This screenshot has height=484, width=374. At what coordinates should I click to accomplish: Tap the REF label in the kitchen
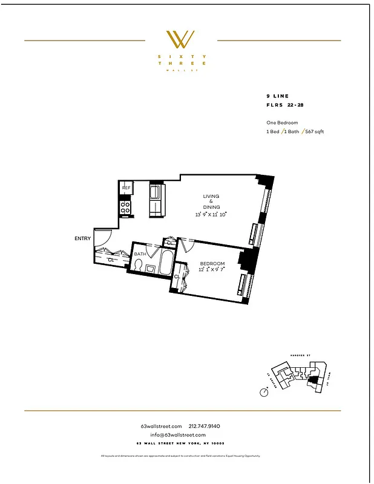point(126,188)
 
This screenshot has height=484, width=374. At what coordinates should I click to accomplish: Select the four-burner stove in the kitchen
point(126,208)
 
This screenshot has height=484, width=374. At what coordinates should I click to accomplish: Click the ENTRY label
point(83,238)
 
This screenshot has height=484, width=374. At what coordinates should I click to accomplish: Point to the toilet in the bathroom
point(139,266)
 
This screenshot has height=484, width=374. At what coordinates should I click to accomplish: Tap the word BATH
point(140,254)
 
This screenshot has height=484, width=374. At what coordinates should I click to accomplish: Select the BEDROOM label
point(212,264)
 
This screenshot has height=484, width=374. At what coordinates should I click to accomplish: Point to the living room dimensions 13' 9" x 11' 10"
point(211,214)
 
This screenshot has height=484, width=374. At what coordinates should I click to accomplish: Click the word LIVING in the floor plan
point(211,196)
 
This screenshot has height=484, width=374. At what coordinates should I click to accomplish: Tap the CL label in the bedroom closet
point(177,276)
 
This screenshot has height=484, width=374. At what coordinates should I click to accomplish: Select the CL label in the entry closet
point(111,260)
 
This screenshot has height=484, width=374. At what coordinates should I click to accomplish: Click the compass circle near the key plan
point(264,392)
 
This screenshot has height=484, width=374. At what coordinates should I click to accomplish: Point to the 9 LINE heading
point(277,96)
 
